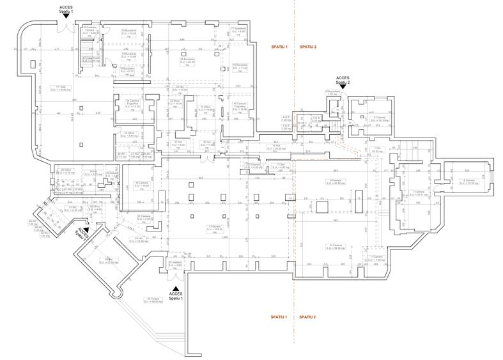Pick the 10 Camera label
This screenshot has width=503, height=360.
point(334,246)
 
